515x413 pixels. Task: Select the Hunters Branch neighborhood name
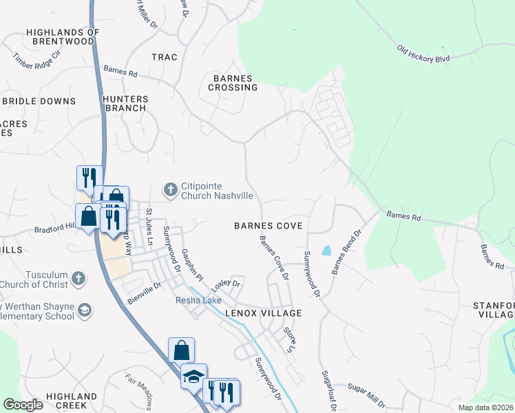click(125, 103)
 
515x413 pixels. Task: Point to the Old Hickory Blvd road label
click(423, 54)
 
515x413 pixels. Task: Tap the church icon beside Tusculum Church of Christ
click(78, 279)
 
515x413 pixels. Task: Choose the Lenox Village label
click(263, 313)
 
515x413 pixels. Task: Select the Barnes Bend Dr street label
click(346, 253)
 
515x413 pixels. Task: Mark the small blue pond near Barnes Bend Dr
click(326, 250)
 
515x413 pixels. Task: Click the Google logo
click(23, 405)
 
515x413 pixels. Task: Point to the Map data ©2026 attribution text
click(485, 407)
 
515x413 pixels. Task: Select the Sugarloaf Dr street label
click(328, 392)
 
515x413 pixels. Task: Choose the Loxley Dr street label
click(226, 284)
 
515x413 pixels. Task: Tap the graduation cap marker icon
click(193, 377)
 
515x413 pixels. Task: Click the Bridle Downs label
click(39, 101)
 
